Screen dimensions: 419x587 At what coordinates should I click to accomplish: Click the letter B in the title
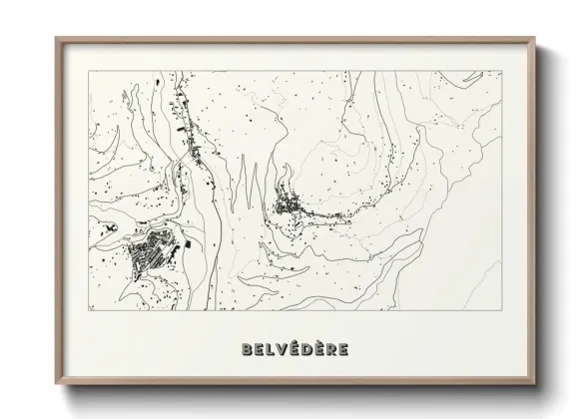[247, 349]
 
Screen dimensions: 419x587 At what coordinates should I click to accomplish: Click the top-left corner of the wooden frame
[56, 39]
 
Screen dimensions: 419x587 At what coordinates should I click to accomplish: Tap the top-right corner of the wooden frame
[535, 39]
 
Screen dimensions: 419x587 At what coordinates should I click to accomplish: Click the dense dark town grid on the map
[152, 255]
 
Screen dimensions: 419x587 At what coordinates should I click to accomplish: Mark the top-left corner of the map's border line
[89, 71]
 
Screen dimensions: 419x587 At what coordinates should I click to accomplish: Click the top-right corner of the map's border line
[502, 71]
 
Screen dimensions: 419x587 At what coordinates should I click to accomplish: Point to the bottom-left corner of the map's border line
[89, 310]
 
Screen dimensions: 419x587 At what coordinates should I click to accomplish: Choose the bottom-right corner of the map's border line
[502, 310]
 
